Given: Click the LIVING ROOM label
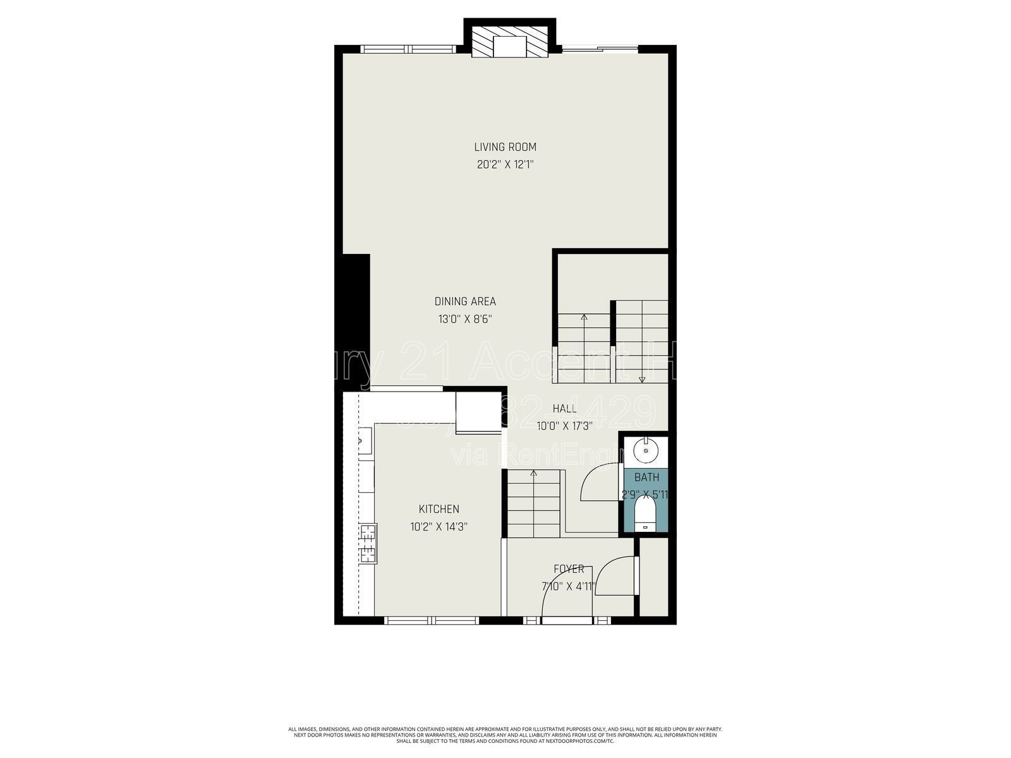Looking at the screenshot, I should tap(505, 147).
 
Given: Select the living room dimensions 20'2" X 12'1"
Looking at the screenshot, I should tap(505, 165).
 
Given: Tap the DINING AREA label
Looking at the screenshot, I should tap(465, 301).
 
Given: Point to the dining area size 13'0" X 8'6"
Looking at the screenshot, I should tap(465, 320).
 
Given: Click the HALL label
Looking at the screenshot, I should tap(564, 409).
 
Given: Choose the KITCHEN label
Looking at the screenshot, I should tap(439, 509).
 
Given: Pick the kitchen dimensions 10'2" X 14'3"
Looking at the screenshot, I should tap(439, 527).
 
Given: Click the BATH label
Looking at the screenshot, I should tap(646, 478).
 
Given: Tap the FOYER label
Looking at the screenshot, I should tap(569, 569).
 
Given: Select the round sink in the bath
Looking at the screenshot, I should tap(645, 450).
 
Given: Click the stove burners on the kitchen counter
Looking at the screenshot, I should tap(367, 543).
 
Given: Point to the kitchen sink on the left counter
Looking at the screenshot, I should tap(365, 440).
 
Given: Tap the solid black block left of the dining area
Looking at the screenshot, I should tap(356, 319).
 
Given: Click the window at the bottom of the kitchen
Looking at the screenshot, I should tap(433, 621).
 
